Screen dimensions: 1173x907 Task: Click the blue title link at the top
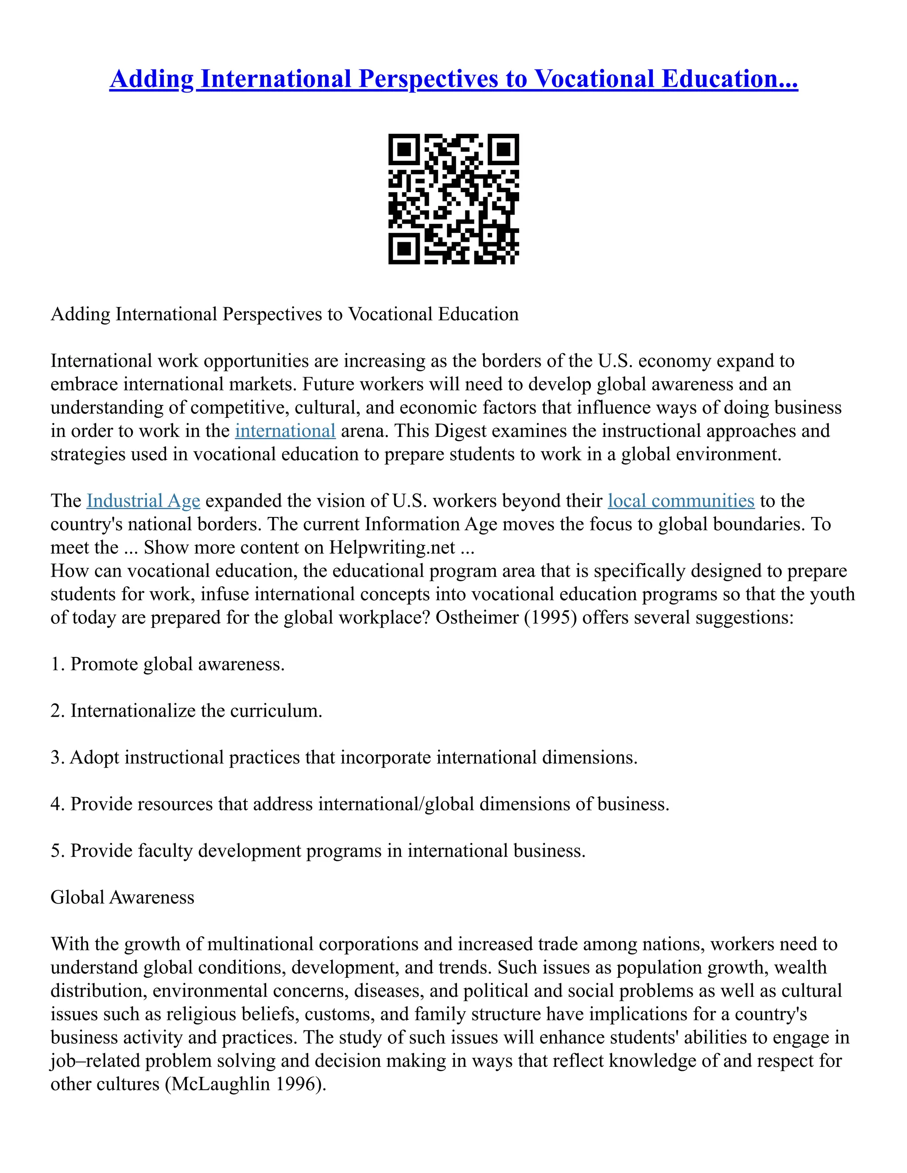coord(453,78)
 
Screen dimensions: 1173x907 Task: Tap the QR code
coord(453,199)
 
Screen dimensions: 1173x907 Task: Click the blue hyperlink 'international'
coord(285,431)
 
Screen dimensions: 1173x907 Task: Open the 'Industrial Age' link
coord(143,501)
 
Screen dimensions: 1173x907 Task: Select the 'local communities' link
coord(681,501)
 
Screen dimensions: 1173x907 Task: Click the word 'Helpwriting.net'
coord(391,548)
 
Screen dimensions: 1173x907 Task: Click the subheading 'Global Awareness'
coord(123,898)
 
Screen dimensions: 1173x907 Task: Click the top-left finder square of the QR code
coord(403,149)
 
